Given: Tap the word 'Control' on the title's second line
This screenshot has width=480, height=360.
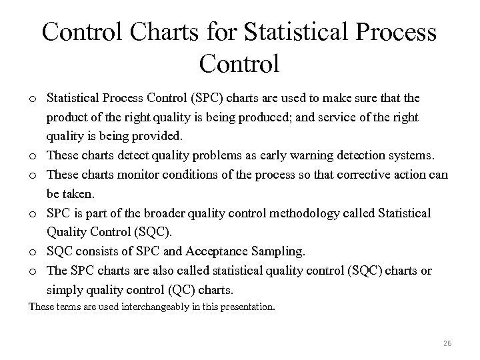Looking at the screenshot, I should point(239,65).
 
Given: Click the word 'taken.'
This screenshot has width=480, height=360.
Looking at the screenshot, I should point(81,194).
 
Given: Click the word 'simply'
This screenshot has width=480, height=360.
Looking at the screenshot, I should point(65,290).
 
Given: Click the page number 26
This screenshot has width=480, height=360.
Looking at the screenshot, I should point(447,344).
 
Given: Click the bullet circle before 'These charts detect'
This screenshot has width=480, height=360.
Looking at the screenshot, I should point(32,156).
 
